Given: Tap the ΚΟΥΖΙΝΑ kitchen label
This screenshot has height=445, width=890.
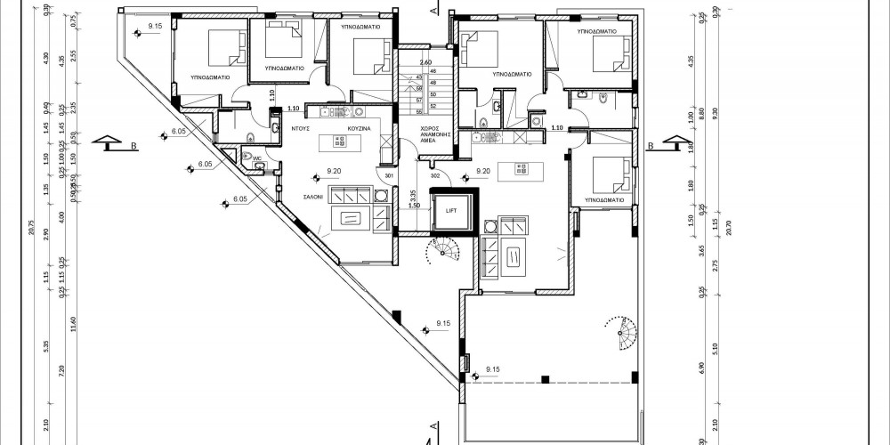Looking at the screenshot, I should pyautogui.click(x=359, y=128).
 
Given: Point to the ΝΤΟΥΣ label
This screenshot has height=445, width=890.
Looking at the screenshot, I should pyautogui.click(x=301, y=128).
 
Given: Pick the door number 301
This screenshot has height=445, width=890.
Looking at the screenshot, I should pyautogui.click(x=389, y=175).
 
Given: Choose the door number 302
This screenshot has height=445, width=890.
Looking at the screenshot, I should pyautogui.click(x=435, y=175).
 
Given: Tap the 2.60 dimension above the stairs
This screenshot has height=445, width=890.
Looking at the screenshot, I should pyautogui.click(x=425, y=61).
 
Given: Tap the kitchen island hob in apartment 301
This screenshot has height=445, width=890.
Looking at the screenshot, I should pyautogui.click(x=339, y=142).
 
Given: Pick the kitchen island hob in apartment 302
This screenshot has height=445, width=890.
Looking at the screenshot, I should pyautogui.click(x=522, y=168).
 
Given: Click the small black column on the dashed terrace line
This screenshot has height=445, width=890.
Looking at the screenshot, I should pyautogui.click(x=543, y=379).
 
